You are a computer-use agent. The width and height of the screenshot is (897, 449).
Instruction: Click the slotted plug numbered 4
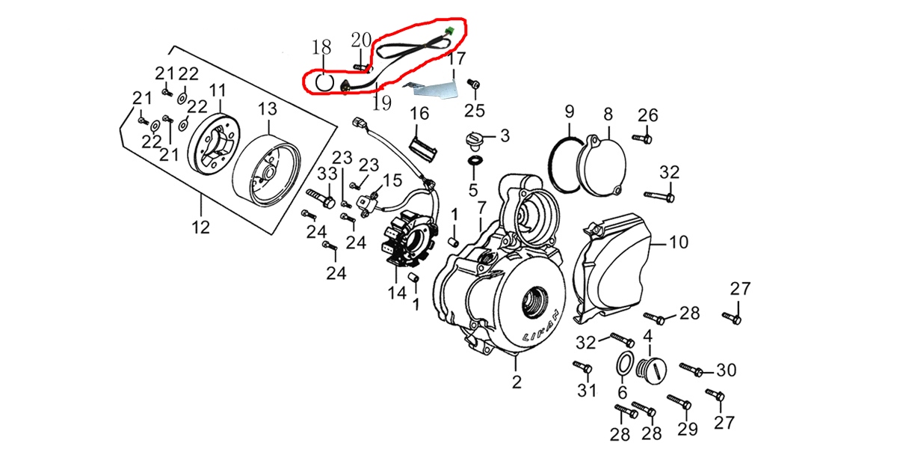click(x=647, y=368)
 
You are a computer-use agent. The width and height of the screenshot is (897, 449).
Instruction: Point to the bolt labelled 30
click(x=692, y=369)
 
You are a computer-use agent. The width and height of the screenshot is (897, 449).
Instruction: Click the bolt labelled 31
click(x=583, y=367)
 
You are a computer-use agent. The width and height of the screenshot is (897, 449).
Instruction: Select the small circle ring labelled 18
click(x=322, y=80)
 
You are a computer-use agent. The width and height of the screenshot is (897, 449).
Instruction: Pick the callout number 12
click(x=201, y=227)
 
